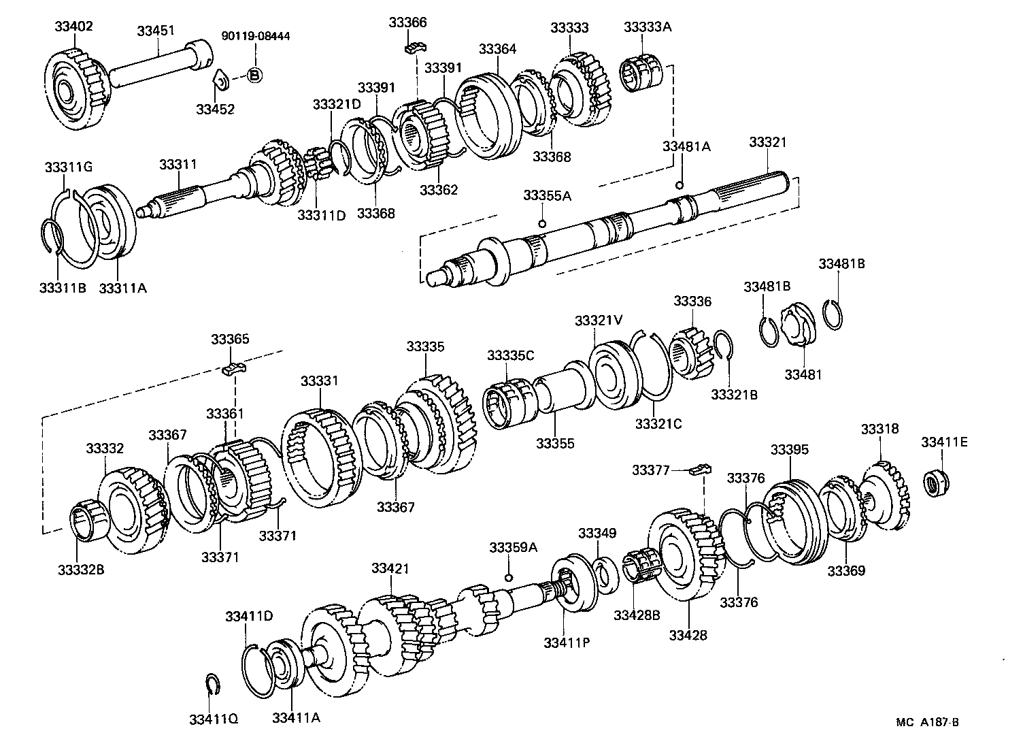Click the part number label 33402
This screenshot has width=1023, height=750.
pos(74,27)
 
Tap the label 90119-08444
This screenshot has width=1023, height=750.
pos(256,36)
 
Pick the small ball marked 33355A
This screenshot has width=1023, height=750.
pos(542,224)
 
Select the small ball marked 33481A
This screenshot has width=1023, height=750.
pos(678,185)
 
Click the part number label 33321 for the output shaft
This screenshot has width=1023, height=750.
pos(767,142)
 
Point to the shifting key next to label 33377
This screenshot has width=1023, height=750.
pos(701,469)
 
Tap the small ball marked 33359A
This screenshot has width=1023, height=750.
pos(508,578)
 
